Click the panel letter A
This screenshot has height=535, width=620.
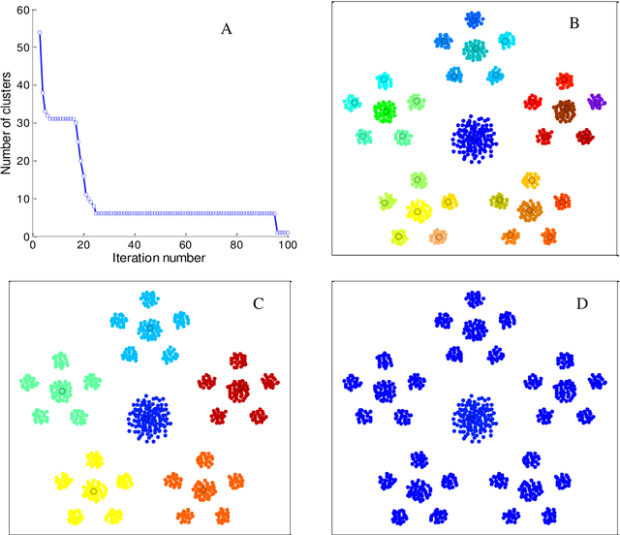tap(226, 29)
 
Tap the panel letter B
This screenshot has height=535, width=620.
tap(573, 22)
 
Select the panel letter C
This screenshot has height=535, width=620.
tap(258, 303)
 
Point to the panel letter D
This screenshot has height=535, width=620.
tap(580, 303)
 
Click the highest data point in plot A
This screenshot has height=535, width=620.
tap(39, 32)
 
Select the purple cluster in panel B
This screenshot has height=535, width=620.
tap(596, 101)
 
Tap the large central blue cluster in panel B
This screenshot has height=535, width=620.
tap(476, 139)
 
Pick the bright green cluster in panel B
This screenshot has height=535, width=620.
tap(386, 110)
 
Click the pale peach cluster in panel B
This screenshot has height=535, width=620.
tap(439, 236)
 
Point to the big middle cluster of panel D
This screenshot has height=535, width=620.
tap(476, 420)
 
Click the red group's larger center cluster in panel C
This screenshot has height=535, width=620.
tap(238, 391)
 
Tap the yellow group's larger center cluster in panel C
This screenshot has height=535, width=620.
tap(94, 489)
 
